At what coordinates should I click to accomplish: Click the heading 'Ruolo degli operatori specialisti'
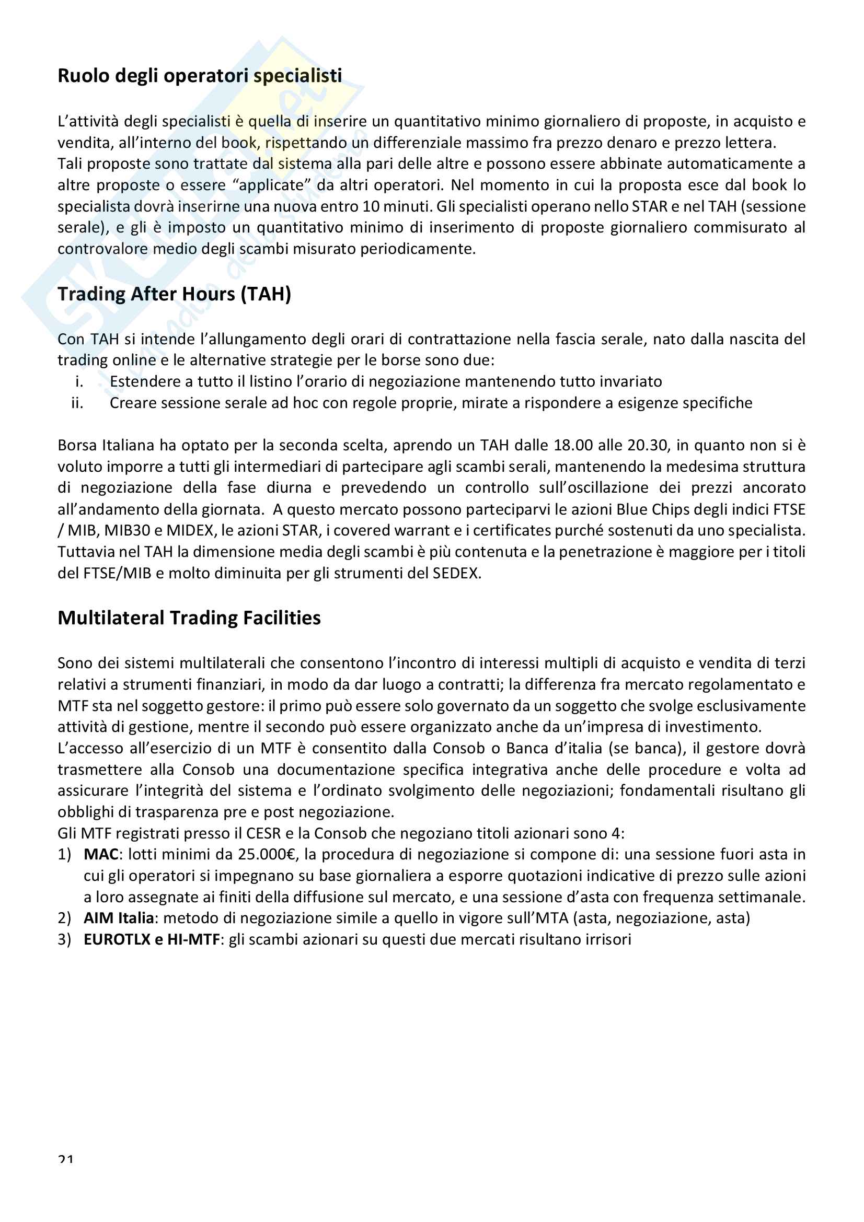[x=200, y=76]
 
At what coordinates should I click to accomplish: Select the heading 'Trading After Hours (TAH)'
[x=174, y=294]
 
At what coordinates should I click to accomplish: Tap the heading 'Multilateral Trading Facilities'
[x=189, y=618]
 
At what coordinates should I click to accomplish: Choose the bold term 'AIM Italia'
[x=119, y=918]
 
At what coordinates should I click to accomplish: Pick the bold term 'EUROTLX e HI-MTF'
[x=152, y=939]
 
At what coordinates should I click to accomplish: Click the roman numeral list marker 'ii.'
[x=77, y=403]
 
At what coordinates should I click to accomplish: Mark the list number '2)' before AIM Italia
[x=64, y=918]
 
